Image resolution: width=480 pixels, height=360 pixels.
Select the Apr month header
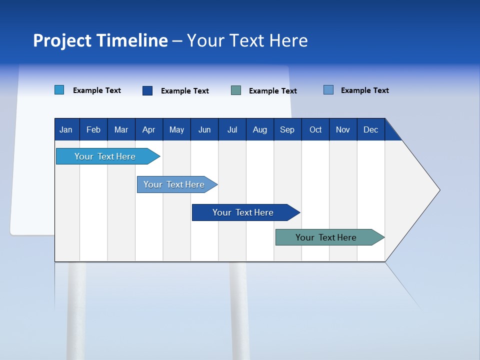(x=149, y=129)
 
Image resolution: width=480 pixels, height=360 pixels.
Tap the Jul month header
(x=232, y=129)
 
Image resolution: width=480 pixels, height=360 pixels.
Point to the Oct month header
(x=315, y=129)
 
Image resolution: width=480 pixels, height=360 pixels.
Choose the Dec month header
(x=371, y=129)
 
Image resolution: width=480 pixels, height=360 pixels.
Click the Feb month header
(x=93, y=129)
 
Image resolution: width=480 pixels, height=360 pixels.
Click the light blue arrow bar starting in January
(x=108, y=156)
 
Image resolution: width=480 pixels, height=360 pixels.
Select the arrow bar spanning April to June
(x=177, y=184)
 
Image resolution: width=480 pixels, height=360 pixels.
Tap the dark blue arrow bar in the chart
(x=246, y=212)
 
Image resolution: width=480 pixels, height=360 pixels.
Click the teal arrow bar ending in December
(x=329, y=237)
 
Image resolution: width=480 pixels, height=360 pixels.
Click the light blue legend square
(x=59, y=89)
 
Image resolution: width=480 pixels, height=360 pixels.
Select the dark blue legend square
(x=147, y=90)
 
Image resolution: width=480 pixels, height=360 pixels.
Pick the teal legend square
(x=236, y=90)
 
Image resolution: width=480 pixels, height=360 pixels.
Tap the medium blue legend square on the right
(x=328, y=89)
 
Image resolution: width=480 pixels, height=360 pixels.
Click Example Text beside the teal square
(x=273, y=91)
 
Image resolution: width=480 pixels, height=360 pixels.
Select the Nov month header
(x=343, y=129)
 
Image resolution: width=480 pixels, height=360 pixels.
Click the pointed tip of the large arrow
(x=440, y=190)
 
